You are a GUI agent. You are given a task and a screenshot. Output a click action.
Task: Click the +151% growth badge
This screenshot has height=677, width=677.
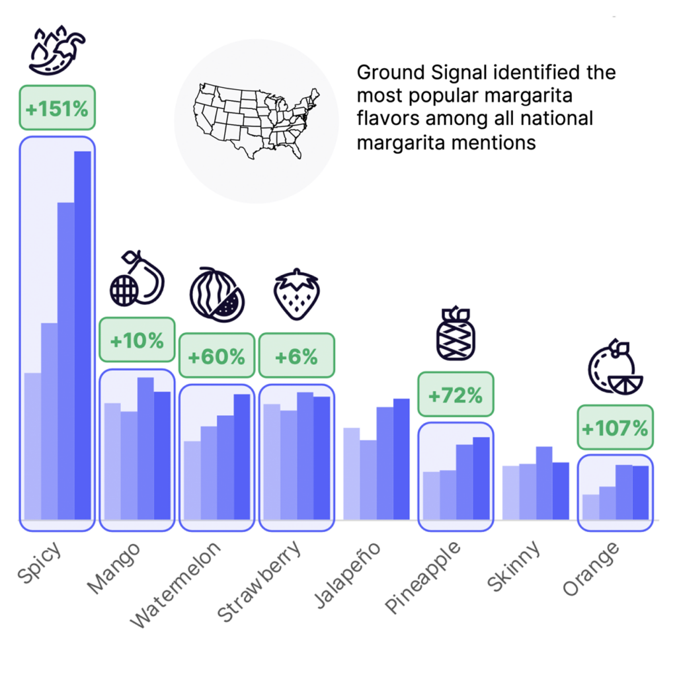(57, 108)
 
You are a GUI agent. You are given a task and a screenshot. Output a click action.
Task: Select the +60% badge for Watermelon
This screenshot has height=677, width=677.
(216, 356)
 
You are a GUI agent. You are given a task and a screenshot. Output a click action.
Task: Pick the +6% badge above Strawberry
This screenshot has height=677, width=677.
(296, 356)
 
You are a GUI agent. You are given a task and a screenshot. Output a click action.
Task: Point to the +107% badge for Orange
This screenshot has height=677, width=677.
(615, 428)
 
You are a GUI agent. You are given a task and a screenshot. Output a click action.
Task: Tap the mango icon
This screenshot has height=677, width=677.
(136, 278)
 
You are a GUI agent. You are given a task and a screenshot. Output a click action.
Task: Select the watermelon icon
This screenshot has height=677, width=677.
(217, 295)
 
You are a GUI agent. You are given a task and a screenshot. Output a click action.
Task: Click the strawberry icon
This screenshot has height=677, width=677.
(297, 294)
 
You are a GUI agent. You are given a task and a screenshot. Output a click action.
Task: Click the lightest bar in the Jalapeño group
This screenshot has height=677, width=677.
(352, 473)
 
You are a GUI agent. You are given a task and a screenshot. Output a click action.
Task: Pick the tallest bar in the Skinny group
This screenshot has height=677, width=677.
(544, 483)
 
